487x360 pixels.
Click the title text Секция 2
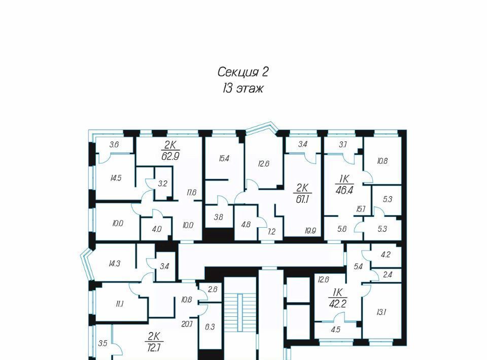242,72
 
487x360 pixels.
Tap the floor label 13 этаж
242,89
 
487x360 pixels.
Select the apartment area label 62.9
170,156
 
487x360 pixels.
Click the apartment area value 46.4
344,190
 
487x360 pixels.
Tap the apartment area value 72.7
153,347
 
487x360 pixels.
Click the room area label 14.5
116,178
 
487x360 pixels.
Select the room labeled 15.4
224,159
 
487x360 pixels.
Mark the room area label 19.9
310,231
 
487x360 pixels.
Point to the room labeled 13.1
381,312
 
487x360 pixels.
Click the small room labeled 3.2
162,184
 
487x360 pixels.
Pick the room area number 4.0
157,229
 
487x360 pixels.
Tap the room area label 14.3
114,264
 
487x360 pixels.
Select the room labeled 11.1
120,304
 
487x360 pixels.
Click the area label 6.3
210,327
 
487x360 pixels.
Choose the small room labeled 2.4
388,275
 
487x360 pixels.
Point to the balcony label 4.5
336,330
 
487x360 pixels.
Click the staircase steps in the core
240,313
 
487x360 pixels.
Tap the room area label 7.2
271,232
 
